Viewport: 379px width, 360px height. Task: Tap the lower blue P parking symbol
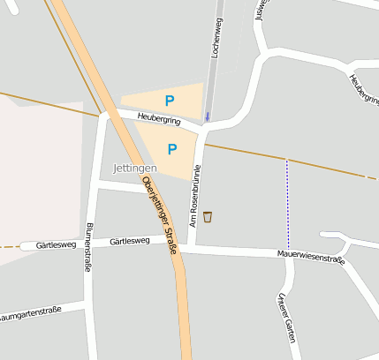coord(172,149)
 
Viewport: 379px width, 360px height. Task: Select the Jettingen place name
coord(135,168)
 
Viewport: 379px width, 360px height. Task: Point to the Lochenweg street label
coord(214,41)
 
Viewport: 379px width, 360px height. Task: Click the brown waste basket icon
coord(208,217)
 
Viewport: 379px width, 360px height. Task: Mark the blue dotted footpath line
coord(287,204)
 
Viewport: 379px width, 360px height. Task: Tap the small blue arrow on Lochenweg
coord(208,115)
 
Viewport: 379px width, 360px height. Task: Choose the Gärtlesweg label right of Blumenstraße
coord(130,241)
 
